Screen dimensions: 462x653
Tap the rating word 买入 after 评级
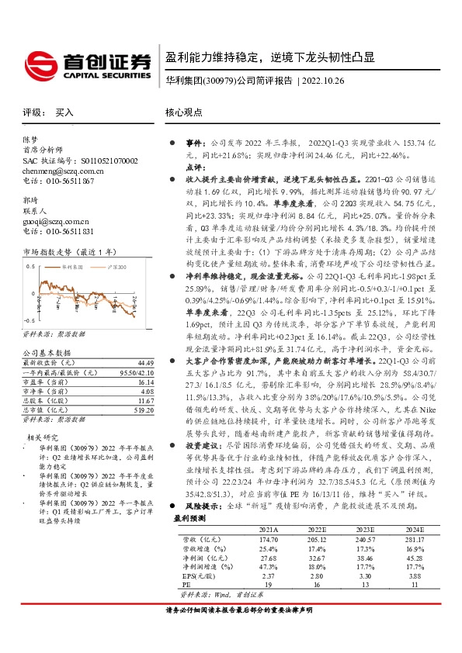[64, 112]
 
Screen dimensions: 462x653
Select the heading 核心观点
[183, 112]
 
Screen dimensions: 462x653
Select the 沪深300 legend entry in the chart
[114, 265]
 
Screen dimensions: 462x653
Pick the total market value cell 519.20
[144, 410]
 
